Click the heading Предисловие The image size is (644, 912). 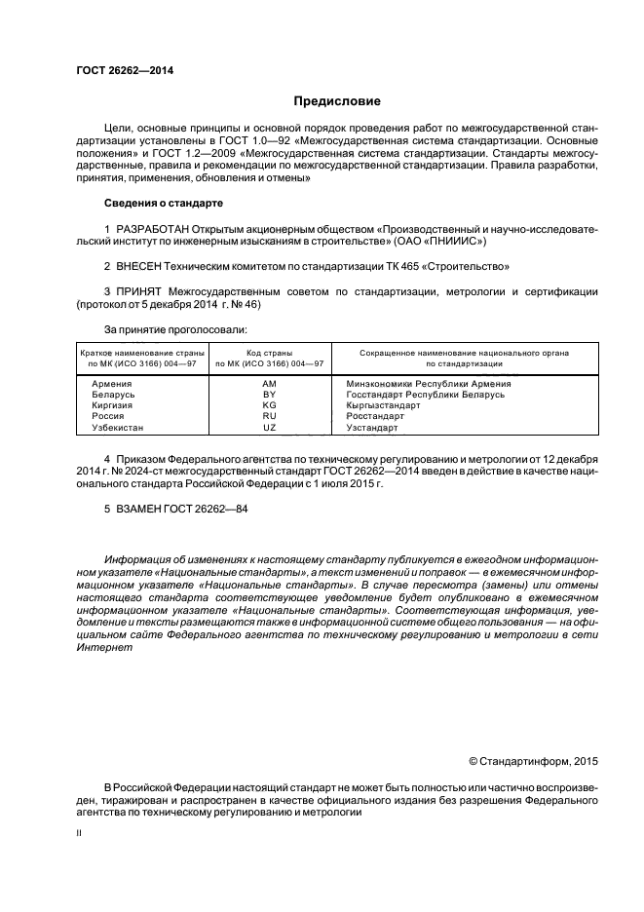point(337,101)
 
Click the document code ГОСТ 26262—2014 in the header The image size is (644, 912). point(119,71)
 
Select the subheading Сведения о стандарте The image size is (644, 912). point(163,203)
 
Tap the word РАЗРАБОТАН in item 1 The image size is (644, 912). point(156,228)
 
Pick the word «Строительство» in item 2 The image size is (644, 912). point(474,265)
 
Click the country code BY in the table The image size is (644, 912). point(270,395)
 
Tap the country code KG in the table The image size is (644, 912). point(270,405)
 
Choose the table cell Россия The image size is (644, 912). point(107,416)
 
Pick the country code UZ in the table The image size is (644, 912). point(270,427)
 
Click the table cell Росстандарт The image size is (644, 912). point(375,416)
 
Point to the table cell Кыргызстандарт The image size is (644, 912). point(383,405)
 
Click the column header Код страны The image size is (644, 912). point(270,352)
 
